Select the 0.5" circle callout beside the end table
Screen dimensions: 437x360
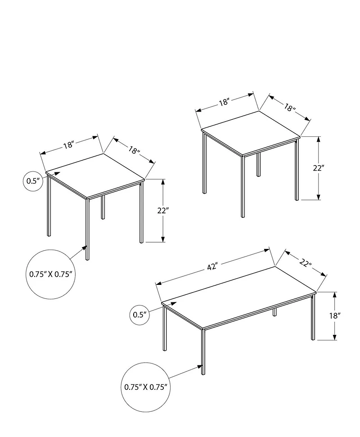point(33,181)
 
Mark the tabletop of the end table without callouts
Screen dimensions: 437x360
point(250,132)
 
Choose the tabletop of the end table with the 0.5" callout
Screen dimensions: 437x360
point(95,175)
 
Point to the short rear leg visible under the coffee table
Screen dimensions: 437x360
point(274,312)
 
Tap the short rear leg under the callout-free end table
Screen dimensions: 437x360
point(258,164)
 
